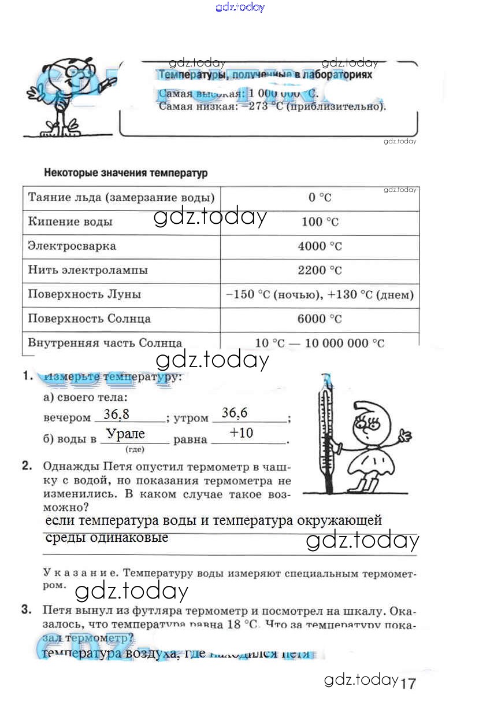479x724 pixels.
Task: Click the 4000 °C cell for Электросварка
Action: coord(320,246)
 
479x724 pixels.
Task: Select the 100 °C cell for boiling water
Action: coord(320,222)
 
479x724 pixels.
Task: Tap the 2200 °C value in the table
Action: coord(320,271)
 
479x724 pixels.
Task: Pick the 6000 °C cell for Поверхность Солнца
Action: coord(320,319)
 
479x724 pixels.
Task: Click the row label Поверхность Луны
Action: coord(84,294)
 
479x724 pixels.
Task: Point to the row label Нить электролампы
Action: coord(88,270)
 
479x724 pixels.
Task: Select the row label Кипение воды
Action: coord(70,222)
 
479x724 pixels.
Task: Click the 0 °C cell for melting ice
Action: coord(320,198)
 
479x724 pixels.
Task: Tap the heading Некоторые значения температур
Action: coord(125,173)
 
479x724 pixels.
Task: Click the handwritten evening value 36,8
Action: coord(116,414)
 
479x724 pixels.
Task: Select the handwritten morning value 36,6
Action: coord(235,413)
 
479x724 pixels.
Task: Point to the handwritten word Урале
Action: coord(126,434)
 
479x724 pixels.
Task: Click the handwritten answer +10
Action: coord(241,433)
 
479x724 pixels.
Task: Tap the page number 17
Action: coord(407,684)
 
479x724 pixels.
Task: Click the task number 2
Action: coord(27,466)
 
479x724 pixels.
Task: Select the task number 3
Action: coord(27,610)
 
